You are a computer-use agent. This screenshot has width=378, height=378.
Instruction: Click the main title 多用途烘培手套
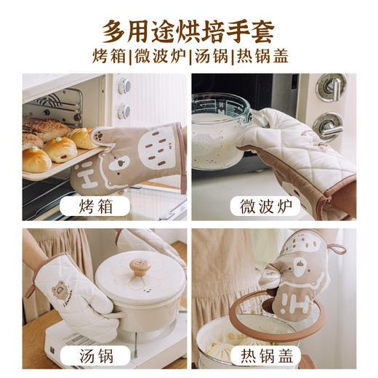(188, 31)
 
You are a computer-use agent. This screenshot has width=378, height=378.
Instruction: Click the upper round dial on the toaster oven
(124, 86)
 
